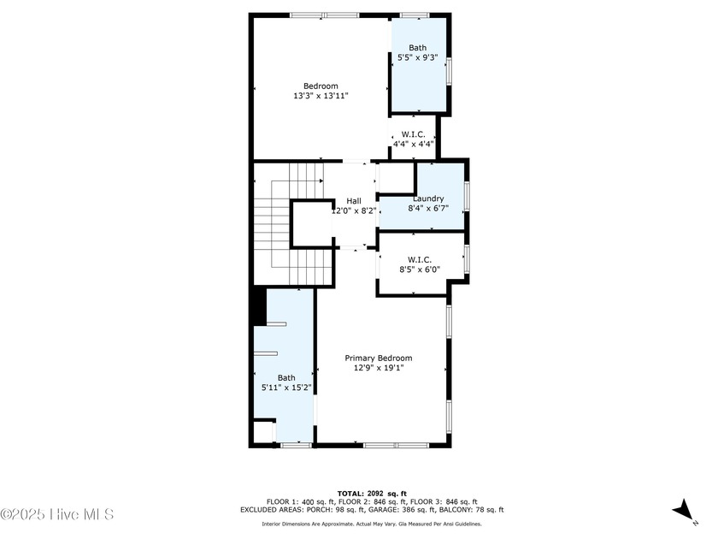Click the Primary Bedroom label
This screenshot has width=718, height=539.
(378, 358)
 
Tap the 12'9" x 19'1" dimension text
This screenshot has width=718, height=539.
(378, 368)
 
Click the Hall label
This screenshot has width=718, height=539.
(353, 200)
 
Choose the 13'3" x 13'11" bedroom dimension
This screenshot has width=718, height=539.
(321, 96)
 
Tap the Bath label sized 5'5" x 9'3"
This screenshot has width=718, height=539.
(417, 48)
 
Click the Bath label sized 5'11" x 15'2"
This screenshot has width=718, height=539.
(285, 377)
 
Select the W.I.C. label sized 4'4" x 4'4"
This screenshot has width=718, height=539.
(414, 134)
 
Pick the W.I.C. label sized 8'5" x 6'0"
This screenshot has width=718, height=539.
(419, 258)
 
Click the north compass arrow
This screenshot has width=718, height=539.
(683, 511)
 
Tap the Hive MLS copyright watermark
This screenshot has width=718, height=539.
(57, 514)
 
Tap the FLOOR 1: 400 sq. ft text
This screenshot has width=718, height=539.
(294, 501)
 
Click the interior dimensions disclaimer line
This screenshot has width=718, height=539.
(371, 524)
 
